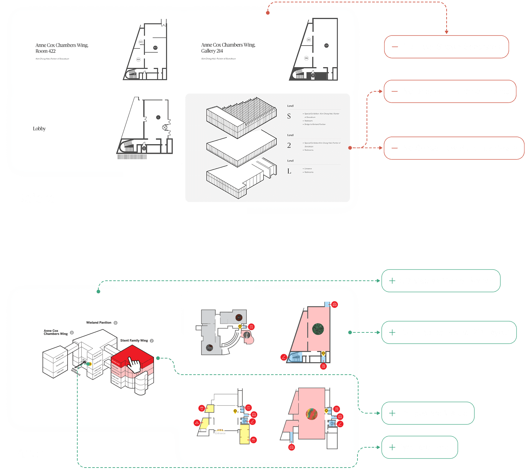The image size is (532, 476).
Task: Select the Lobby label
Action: pos(39,129)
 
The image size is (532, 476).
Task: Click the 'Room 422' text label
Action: pos(46,51)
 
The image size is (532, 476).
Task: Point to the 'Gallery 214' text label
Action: pos(212,51)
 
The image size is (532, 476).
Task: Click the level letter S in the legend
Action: pos(289,116)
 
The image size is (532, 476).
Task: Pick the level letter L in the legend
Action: pos(289,171)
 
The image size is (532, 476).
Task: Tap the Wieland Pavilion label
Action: pos(99,323)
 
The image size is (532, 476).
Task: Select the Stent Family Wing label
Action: pos(134,341)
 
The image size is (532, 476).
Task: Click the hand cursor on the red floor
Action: pos(134,365)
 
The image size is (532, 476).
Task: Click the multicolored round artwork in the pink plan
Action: pos(312,414)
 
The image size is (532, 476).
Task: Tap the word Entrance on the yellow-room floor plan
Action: pos(220,433)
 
